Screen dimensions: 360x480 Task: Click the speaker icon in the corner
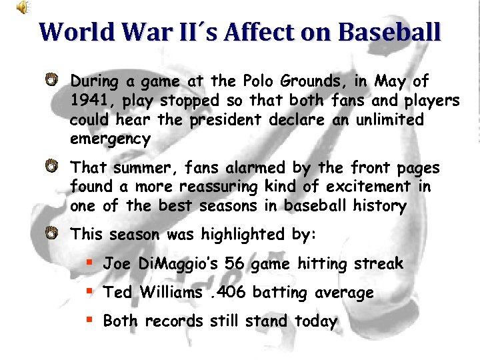point(23,8)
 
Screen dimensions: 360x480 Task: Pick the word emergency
point(110,139)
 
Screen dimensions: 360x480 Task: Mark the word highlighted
point(240,234)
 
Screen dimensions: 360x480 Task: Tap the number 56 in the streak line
point(235,264)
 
